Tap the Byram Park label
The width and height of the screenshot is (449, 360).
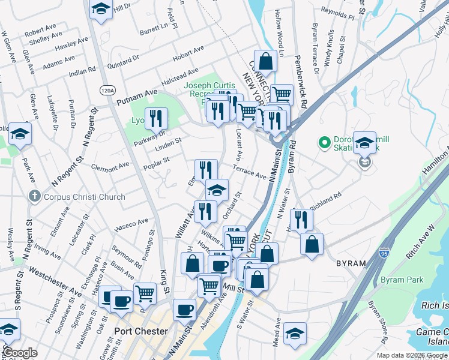tap(402, 280)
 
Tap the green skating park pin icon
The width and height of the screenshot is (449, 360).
tap(325, 143)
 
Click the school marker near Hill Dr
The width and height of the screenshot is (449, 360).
tap(100, 9)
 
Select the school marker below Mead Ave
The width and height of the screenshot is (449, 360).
tap(295, 334)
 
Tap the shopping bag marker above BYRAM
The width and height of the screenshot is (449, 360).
tap(312, 244)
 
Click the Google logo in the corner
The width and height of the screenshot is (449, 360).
tap(20, 353)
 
